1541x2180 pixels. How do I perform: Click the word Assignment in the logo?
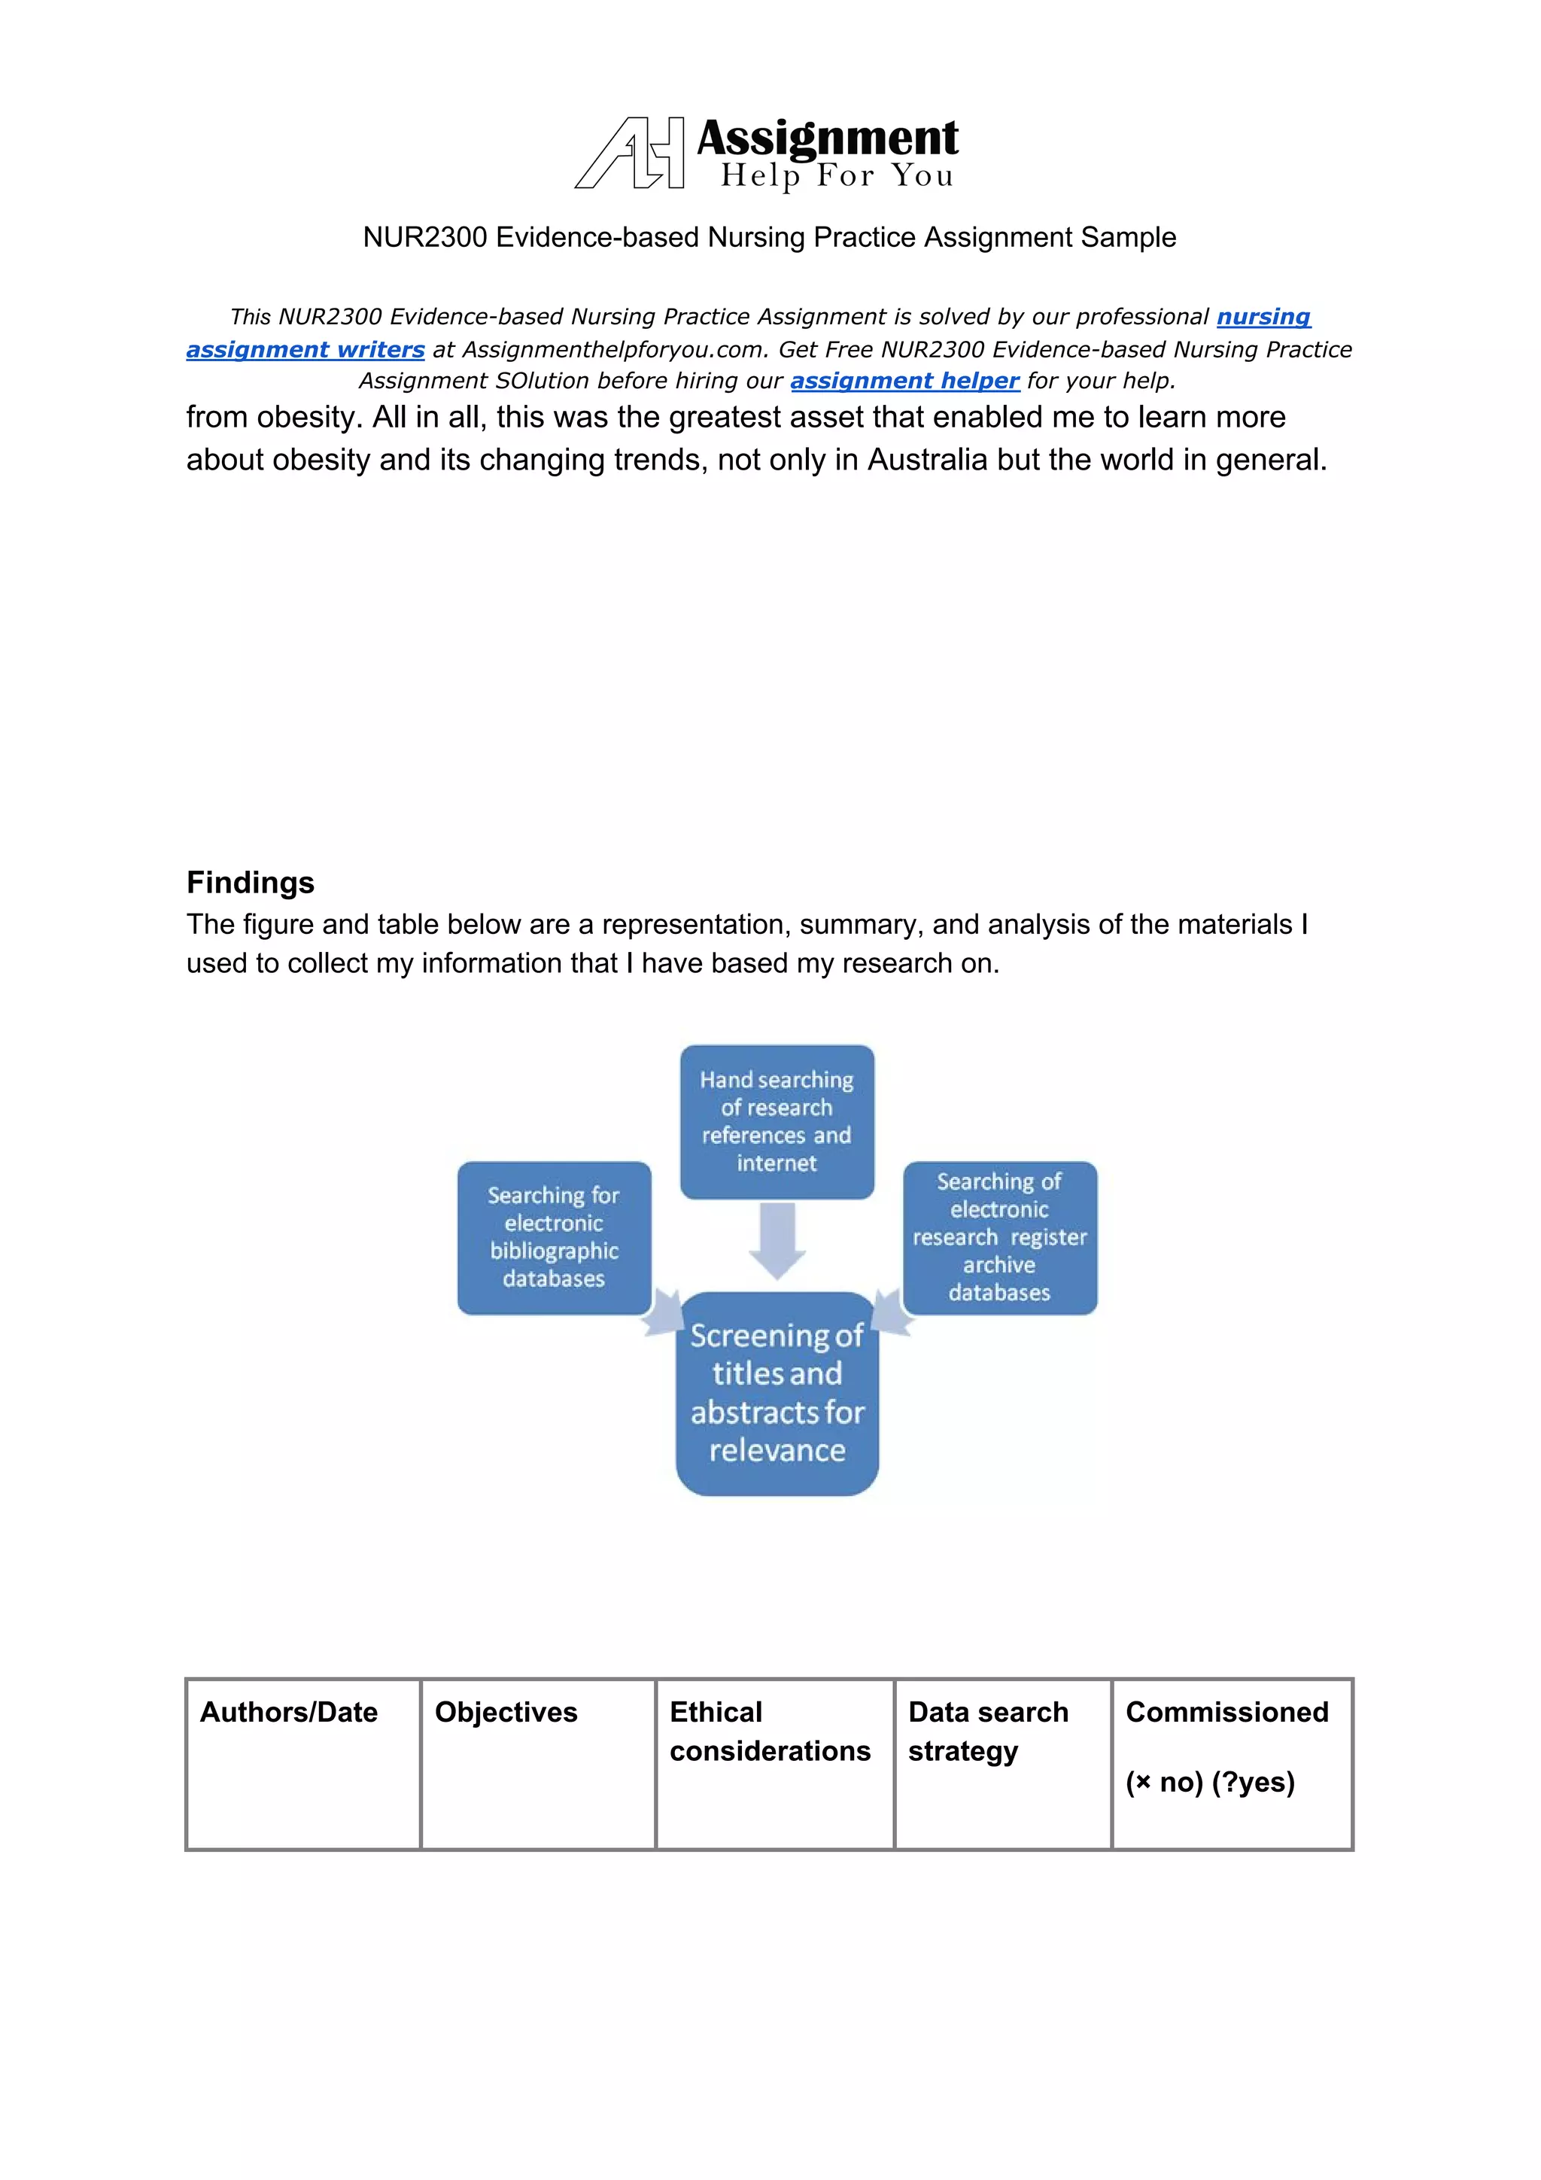pos(827,138)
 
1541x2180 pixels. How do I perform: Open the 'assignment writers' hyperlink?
pos(305,349)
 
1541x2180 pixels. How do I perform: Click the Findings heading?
pos(250,882)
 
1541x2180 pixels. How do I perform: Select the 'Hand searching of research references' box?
pos(777,1121)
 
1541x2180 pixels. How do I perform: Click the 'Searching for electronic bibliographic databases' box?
pos(554,1237)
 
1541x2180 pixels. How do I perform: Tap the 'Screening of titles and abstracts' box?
pos(777,1393)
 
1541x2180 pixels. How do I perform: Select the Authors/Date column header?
pos(289,1712)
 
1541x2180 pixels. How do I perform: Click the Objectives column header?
pos(506,1712)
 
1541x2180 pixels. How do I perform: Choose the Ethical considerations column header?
pos(769,1731)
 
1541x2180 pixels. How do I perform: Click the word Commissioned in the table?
pos(1226,1712)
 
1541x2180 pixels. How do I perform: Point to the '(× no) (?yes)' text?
pos(1210,1782)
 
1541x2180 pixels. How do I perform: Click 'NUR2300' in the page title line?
pos(424,237)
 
